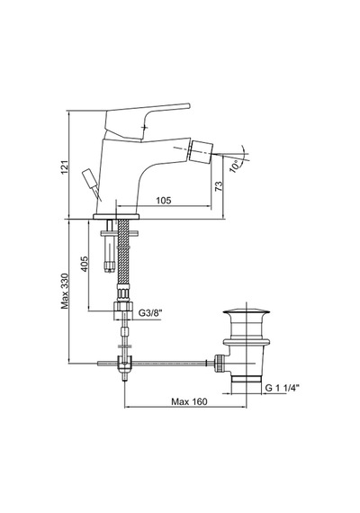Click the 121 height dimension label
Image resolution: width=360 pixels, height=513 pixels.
(x=65, y=166)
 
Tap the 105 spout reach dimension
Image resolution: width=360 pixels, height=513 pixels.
(x=163, y=200)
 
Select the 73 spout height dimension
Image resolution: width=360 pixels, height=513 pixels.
(x=219, y=186)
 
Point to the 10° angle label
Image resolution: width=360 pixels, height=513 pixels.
(x=235, y=166)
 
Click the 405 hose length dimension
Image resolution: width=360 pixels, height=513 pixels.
(x=85, y=264)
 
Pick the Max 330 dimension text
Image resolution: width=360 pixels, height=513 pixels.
(x=65, y=292)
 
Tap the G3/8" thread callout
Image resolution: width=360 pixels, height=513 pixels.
(x=150, y=313)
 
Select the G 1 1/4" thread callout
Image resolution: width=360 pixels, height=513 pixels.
(x=282, y=388)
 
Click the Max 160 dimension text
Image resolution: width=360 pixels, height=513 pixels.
(x=189, y=401)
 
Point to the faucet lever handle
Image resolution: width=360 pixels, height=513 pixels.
(x=148, y=119)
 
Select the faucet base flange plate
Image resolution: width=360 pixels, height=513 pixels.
(x=116, y=216)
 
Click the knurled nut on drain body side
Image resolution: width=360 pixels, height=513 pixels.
(x=219, y=364)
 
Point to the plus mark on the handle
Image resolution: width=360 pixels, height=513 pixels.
(x=145, y=126)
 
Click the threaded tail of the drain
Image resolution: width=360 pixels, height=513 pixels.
(x=246, y=379)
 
